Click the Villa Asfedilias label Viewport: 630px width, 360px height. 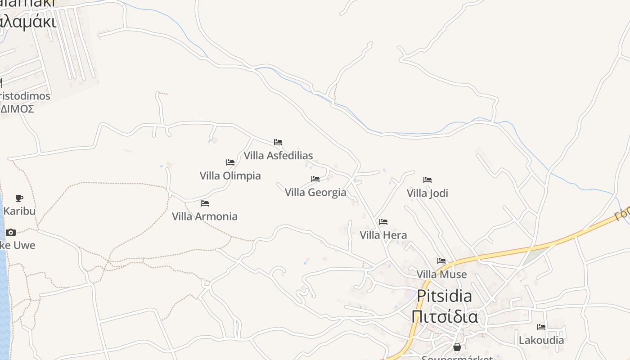point(278,156)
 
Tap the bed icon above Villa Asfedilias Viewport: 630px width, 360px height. point(278,142)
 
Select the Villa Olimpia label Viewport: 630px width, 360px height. point(230,175)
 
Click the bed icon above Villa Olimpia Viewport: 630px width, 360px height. point(230,162)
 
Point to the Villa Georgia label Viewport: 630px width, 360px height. point(315,193)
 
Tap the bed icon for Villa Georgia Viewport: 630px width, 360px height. point(315,179)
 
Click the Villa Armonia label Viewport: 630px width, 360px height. point(205,216)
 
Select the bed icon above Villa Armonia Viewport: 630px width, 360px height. point(205,203)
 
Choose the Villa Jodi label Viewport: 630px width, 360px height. point(427,193)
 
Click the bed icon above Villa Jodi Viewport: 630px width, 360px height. point(427,180)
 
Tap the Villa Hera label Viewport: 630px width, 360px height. point(383,235)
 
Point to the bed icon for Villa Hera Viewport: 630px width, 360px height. point(383,221)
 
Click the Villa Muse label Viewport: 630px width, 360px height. point(441,274)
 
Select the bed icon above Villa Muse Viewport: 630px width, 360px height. point(441,261)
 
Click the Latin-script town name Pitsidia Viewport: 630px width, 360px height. point(444,296)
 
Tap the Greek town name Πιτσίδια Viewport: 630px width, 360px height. point(444,316)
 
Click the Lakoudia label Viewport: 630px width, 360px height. point(541,340)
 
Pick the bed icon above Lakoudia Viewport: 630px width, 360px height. point(541,327)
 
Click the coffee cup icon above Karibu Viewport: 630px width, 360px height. point(19,198)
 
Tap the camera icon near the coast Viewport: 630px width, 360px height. point(11,232)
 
